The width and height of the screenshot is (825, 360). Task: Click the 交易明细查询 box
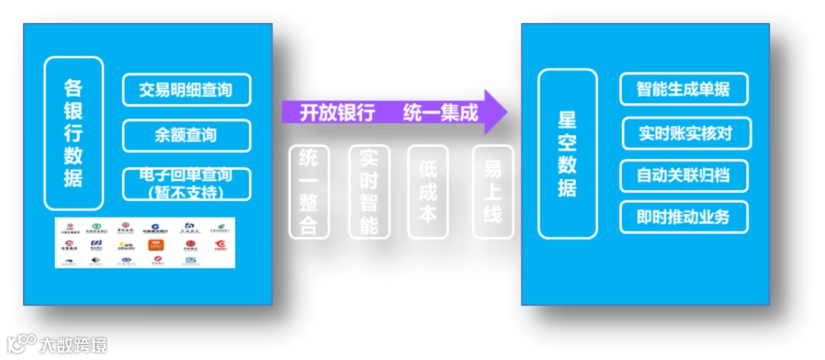click(186, 90)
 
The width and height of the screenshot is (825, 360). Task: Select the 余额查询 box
click(186, 135)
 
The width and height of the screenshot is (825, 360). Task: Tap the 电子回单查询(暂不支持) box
click(186, 183)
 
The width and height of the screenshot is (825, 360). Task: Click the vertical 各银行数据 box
click(73, 133)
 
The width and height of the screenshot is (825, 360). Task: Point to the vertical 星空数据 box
click(568, 154)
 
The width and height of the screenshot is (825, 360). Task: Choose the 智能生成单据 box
click(684, 89)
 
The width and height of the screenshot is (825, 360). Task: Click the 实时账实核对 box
click(686, 133)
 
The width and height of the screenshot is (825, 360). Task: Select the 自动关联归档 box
click(684, 176)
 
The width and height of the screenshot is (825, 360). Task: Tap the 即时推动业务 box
click(684, 217)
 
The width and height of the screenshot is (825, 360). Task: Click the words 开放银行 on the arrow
click(337, 113)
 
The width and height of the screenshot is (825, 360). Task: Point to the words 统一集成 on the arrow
click(441, 113)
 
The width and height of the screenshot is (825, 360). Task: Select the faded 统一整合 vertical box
click(309, 190)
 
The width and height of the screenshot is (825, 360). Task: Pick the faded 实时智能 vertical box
click(369, 190)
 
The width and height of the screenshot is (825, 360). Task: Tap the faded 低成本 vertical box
click(428, 190)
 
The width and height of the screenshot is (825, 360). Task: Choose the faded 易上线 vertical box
click(493, 190)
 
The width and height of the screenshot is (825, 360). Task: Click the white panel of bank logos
click(144, 242)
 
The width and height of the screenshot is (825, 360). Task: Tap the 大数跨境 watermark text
click(74, 345)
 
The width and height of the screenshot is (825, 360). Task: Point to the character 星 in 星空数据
click(568, 120)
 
